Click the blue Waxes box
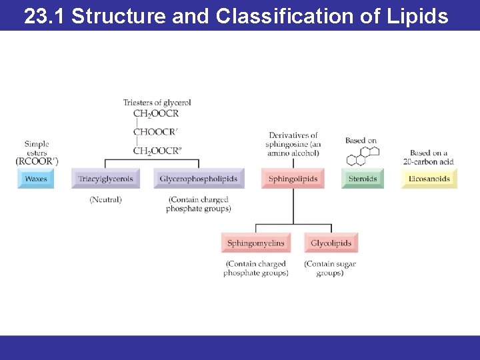point(35,179)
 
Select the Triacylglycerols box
point(105,179)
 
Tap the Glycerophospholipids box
point(199,179)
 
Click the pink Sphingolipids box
point(293,179)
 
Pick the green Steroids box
point(363,179)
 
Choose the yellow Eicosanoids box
point(429,179)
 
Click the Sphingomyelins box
point(255,243)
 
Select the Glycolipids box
point(331,243)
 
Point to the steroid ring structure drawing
point(363,156)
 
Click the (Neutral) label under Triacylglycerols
point(105,200)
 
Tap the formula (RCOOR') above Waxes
point(37,161)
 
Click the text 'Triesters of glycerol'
point(157,103)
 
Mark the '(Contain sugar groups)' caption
point(330,268)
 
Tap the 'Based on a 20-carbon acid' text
point(429,157)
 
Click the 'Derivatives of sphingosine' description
point(293,144)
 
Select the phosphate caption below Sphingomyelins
point(255,268)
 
